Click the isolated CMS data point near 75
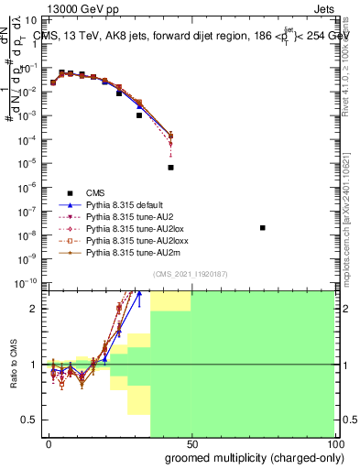(x=263, y=228)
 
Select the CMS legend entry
(x=94, y=192)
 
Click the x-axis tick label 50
(x=191, y=443)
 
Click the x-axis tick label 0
(x=49, y=443)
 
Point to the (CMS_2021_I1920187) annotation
(x=190, y=275)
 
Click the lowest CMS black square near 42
(x=170, y=168)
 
